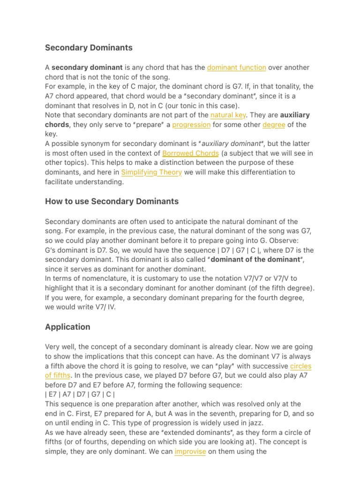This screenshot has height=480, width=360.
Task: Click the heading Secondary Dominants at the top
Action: point(89,47)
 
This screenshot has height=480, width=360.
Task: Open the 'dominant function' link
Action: point(236,67)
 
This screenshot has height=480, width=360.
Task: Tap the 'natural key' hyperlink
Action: point(228,115)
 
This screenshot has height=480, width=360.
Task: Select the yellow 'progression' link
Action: point(191,125)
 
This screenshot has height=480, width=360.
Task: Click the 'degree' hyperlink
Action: point(274,125)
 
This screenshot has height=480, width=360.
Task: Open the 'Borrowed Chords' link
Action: point(190,153)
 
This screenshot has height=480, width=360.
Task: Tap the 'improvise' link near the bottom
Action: point(190,451)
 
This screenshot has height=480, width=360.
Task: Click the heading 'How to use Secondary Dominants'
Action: point(112,201)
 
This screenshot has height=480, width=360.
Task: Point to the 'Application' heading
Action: point(67,327)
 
